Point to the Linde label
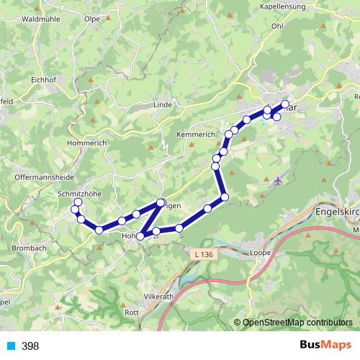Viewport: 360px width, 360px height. [163, 105]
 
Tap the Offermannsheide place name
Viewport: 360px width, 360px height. [45, 176]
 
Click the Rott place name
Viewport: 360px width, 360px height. [132, 312]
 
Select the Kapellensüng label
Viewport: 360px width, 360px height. [278, 6]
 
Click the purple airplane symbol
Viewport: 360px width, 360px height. [278, 180]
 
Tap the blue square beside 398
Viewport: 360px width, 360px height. [11, 346]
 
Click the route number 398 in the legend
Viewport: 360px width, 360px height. [31, 346]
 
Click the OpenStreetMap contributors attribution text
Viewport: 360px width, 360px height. [297, 323]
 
